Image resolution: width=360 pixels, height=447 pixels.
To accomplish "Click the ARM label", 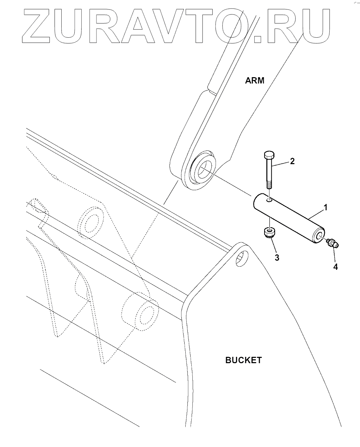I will [x=254, y=80].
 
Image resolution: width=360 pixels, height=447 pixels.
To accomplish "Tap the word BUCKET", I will [x=243, y=360].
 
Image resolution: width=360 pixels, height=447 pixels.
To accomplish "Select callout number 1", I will [x=325, y=207].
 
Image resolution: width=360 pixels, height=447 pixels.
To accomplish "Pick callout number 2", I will [x=292, y=161].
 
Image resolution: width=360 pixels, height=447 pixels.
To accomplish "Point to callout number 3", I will [x=277, y=257].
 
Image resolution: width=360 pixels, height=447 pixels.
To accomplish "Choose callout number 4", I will [x=335, y=267].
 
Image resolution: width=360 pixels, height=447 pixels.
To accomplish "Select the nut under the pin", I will [x=269, y=233].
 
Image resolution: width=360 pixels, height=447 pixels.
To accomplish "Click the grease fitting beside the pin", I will [x=332, y=243].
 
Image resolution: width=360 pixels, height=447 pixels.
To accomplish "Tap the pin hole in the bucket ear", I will [x=241, y=259].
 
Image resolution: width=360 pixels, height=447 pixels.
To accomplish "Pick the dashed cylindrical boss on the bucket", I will [x=139, y=312].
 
